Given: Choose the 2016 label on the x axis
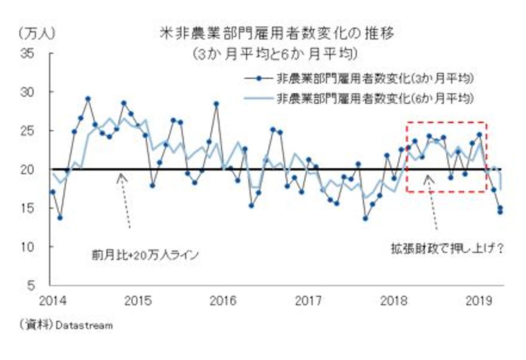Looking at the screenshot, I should (x=225, y=301).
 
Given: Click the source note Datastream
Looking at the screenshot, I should (x=84, y=326).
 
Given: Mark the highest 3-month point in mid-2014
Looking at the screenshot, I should (x=88, y=99).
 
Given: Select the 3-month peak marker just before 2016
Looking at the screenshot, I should (x=216, y=104).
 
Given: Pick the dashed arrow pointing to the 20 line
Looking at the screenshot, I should (x=125, y=199).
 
